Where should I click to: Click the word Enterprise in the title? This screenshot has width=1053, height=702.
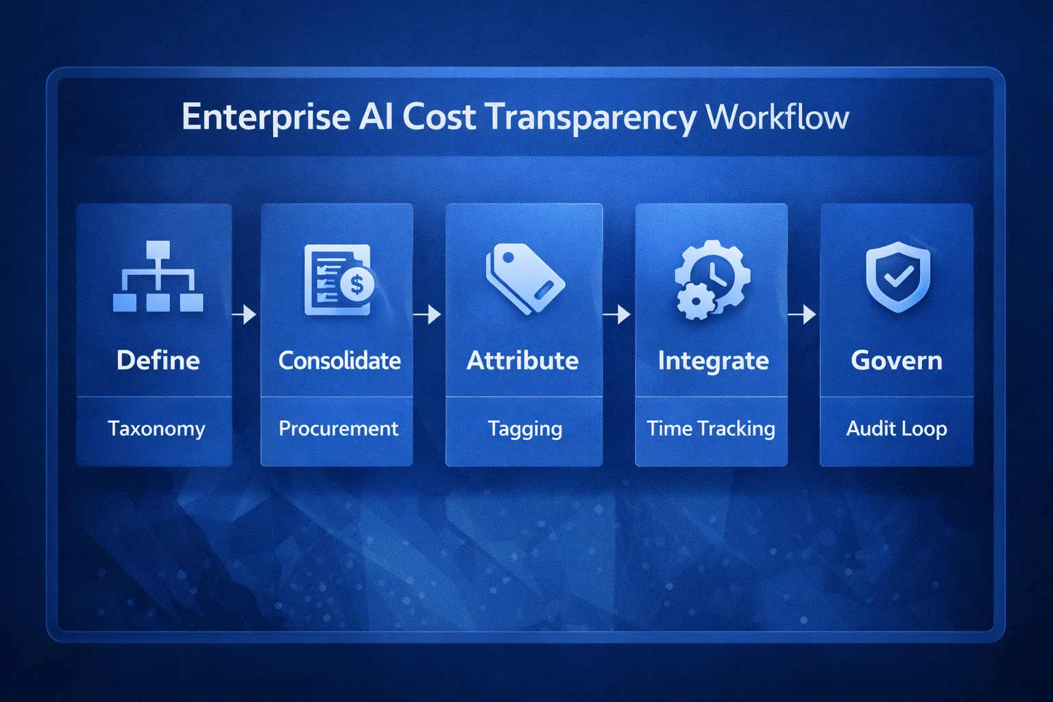(x=266, y=117)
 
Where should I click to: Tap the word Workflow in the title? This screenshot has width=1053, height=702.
(x=777, y=117)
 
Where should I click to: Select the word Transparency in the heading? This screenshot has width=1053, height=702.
(x=591, y=117)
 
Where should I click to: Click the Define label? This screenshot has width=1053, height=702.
(x=158, y=360)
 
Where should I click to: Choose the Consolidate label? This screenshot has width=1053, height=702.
(x=339, y=360)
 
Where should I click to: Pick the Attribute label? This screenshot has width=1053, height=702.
(x=522, y=360)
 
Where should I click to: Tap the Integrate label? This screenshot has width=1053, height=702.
(x=713, y=361)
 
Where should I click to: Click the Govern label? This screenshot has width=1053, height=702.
(x=897, y=360)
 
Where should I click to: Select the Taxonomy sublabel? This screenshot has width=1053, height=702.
(x=156, y=428)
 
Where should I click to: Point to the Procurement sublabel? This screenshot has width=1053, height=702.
(x=338, y=428)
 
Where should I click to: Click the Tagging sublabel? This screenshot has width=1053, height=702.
(x=525, y=429)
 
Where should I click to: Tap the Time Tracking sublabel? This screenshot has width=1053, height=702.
(x=711, y=428)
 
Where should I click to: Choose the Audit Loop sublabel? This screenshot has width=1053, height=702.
(x=897, y=428)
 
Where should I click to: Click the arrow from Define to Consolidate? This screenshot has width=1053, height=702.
(x=245, y=315)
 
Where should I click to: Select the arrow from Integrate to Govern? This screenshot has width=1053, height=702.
(x=803, y=315)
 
